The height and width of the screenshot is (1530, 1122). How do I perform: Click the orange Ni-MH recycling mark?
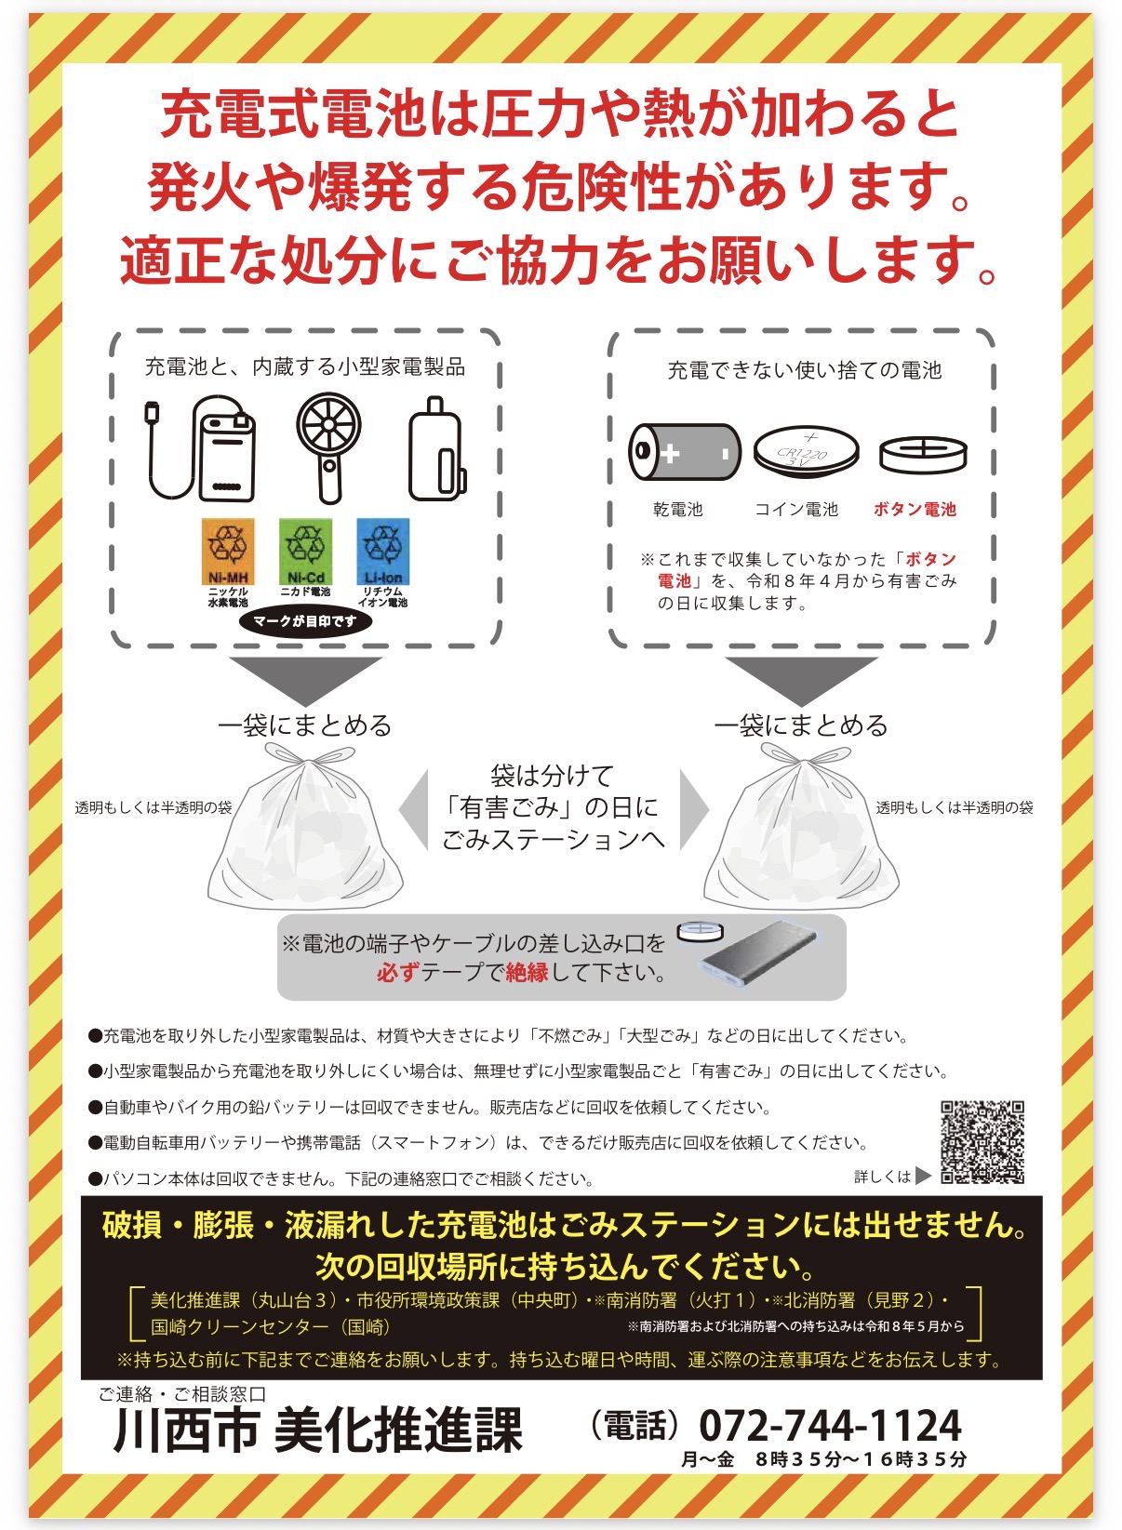click(x=228, y=552)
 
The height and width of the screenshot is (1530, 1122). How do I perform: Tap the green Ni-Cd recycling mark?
click(x=305, y=552)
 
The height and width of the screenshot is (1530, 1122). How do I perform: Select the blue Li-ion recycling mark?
click(x=383, y=552)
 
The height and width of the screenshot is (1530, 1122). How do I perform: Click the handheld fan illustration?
click(x=328, y=447)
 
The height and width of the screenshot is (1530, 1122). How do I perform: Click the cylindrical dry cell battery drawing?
click(x=685, y=451)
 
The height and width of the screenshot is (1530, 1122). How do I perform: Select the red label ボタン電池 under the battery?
click(x=915, y=509)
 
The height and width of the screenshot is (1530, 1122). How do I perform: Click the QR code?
click(x=982, y=1142)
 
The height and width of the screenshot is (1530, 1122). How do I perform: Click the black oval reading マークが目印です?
click(x=305, y=621)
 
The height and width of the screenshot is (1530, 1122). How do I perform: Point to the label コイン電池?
click(x=796, y=509)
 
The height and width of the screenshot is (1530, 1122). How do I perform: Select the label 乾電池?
click(x=678, y=509)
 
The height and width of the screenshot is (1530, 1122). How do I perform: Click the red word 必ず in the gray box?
click(x=397, y=973)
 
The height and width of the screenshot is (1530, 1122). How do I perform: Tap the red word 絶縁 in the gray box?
click(x=527, y=973)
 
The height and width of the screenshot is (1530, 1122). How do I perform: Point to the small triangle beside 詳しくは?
click(x=923, y=1176)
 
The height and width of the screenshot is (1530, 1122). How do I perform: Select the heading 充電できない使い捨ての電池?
click(x=804, y=370)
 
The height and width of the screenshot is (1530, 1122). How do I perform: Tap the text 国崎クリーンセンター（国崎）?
click(x=270, y=1326)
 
